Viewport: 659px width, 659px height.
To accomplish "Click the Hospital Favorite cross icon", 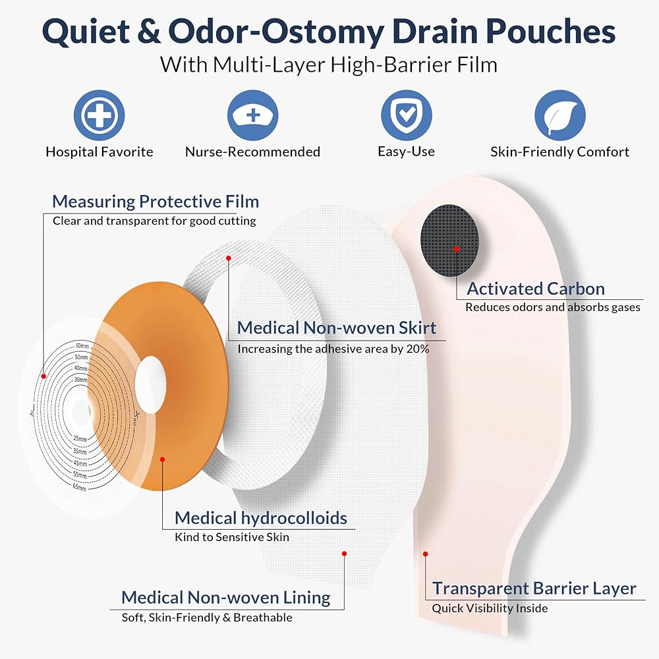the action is click(99, 116).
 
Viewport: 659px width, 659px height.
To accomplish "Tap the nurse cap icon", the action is click(252, 116).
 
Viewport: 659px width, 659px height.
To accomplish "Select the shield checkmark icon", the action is click(406, 116).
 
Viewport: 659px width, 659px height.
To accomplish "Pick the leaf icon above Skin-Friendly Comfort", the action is click(559, 116).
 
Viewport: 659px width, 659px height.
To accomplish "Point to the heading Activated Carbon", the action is click(535, 289).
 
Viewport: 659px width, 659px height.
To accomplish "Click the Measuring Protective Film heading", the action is click(156, 201).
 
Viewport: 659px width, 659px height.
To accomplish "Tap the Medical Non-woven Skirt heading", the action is click(336, 328).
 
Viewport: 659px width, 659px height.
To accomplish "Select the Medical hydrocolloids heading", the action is click(260, 518).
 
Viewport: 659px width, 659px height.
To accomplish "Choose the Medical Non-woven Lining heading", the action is click(226, 598).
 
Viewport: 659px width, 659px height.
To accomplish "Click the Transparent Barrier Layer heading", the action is click(534, 588).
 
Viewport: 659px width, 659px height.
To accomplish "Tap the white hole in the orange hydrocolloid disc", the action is click(151, 385).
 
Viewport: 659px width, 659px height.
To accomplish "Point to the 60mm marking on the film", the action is click(82, 346).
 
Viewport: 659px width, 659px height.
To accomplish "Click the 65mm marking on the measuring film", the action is click(79, 488).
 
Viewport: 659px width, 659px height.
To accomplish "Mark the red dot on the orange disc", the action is click(163, 460).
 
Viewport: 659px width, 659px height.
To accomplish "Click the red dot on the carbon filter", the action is click(456, 248).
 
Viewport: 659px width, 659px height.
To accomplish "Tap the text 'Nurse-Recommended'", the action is click(252, 152).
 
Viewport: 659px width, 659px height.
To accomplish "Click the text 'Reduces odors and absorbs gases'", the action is click(552, 307).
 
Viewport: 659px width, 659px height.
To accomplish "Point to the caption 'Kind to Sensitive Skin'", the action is click(231, 537).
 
